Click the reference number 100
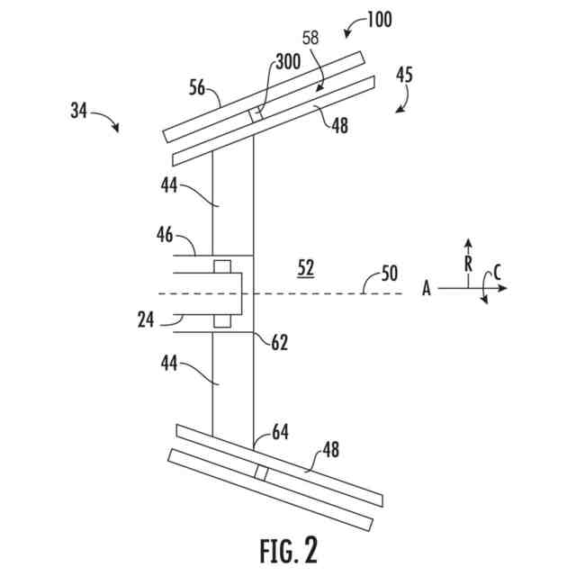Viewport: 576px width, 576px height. pyautogui.click(x=378, y=19)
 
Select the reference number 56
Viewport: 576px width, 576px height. pyautogui.click(x=197, y=87)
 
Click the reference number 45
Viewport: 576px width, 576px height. pyautogui.click(x=404, y=76)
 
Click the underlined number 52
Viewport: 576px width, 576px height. pyautogui.click(x=308, y=266)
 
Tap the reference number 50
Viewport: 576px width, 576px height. pyautogui.click(x=389, y=272)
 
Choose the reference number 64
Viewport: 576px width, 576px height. pyautogui.click(x=280, y=433)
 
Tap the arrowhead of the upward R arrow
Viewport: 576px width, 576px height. pyautogui.click(x=468, y=244)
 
